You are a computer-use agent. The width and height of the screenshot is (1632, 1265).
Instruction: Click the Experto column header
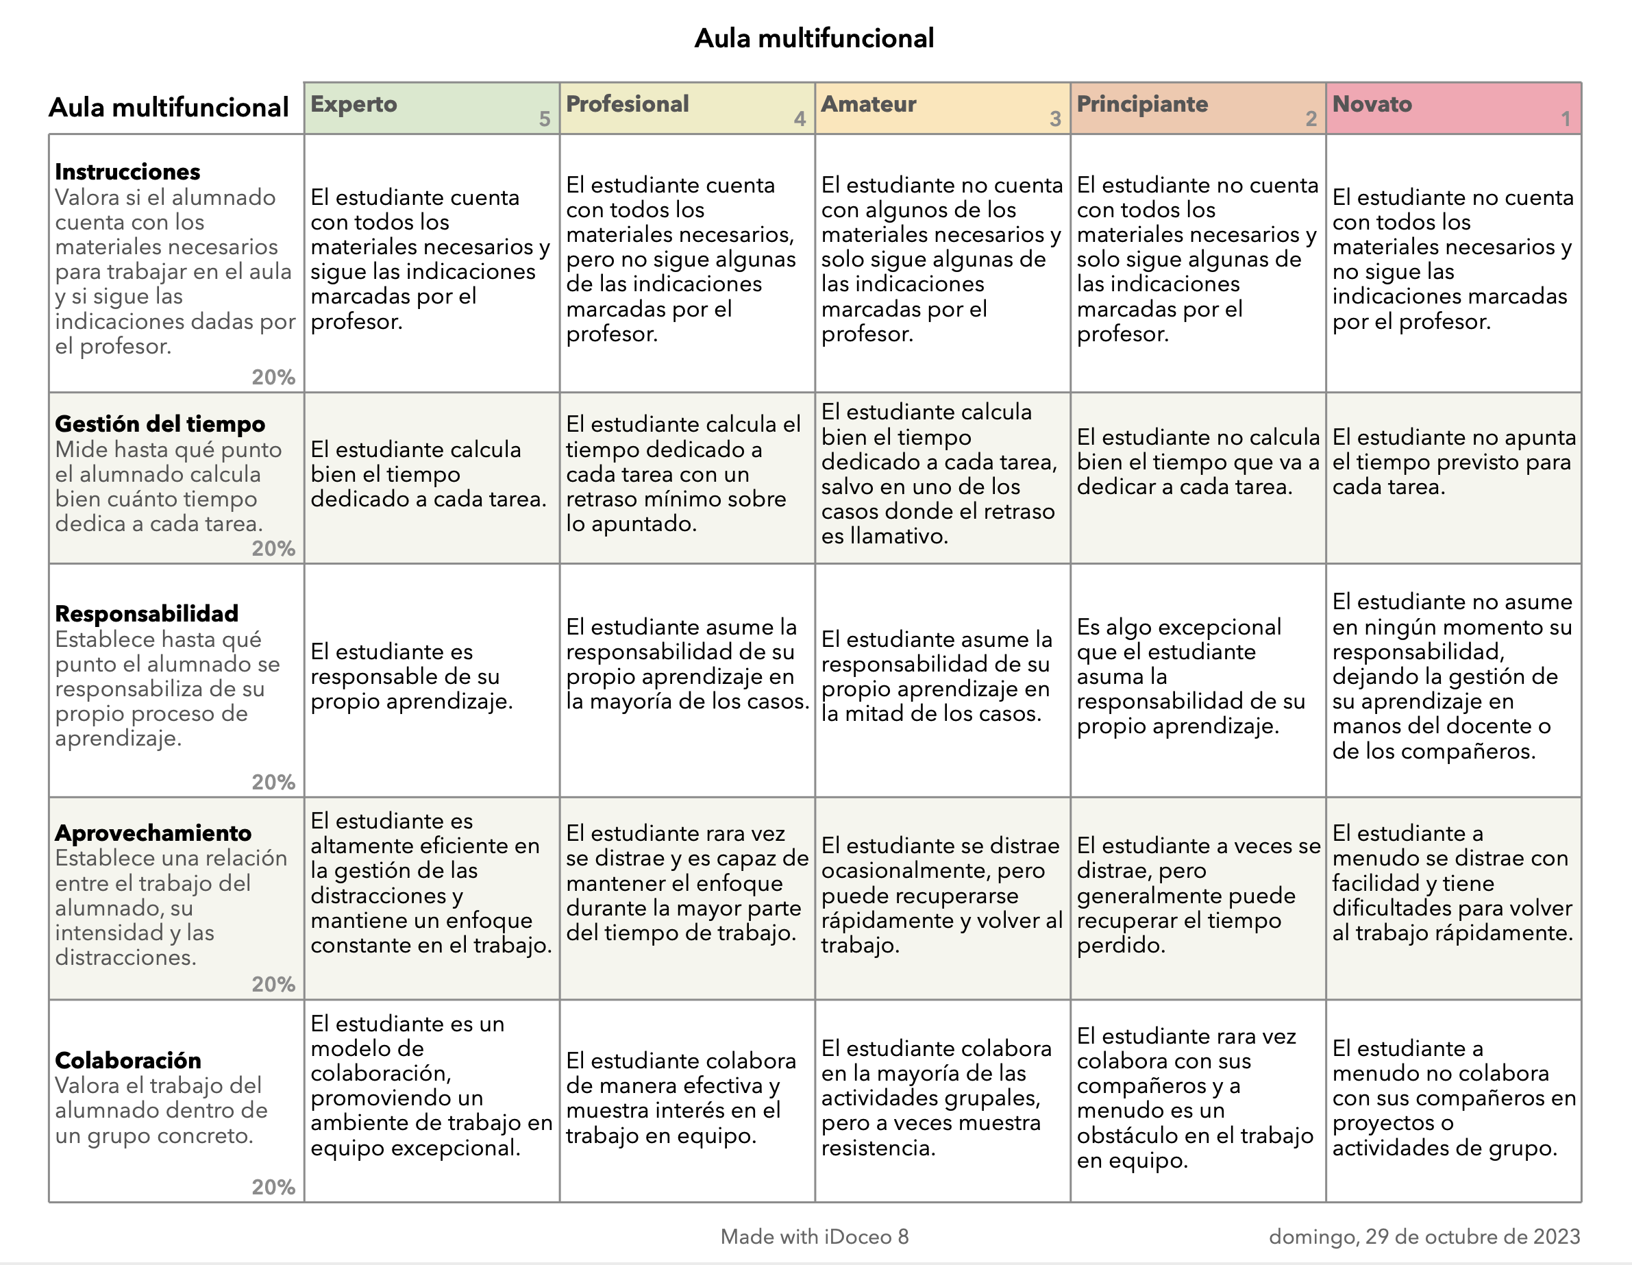pos(354,104)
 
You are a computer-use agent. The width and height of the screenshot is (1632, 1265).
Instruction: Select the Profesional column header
pos(627,104)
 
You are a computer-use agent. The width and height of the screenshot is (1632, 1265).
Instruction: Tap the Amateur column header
pos(868,104)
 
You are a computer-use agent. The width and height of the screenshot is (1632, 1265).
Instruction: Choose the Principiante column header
pos(1142,104)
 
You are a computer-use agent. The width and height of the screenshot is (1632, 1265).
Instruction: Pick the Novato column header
pos(1372,104)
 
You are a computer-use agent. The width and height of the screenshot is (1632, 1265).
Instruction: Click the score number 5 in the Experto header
pos(545,119)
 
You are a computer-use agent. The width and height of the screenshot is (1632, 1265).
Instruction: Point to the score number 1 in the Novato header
pos(1566,119)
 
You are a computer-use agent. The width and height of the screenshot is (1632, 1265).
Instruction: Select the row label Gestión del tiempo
pos(160,423)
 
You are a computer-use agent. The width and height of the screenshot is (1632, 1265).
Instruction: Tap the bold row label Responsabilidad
pos(147,613)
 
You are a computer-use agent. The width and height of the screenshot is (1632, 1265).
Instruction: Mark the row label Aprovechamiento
pos(153,833)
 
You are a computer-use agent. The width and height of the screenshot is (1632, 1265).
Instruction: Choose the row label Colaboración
pos(128,1060)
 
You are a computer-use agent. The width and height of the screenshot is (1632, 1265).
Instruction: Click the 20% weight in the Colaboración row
pos(273,1187)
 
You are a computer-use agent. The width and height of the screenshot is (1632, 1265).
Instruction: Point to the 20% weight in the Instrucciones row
pos(273,378)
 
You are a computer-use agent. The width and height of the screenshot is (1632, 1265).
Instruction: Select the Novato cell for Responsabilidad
pos(1452,676)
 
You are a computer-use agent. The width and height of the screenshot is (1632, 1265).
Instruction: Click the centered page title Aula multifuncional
pos(814,38)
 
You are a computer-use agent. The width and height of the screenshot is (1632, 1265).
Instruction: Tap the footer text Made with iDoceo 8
pos(815,1237)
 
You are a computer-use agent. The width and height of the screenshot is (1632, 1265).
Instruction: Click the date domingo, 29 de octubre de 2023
pos(1424,1237)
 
